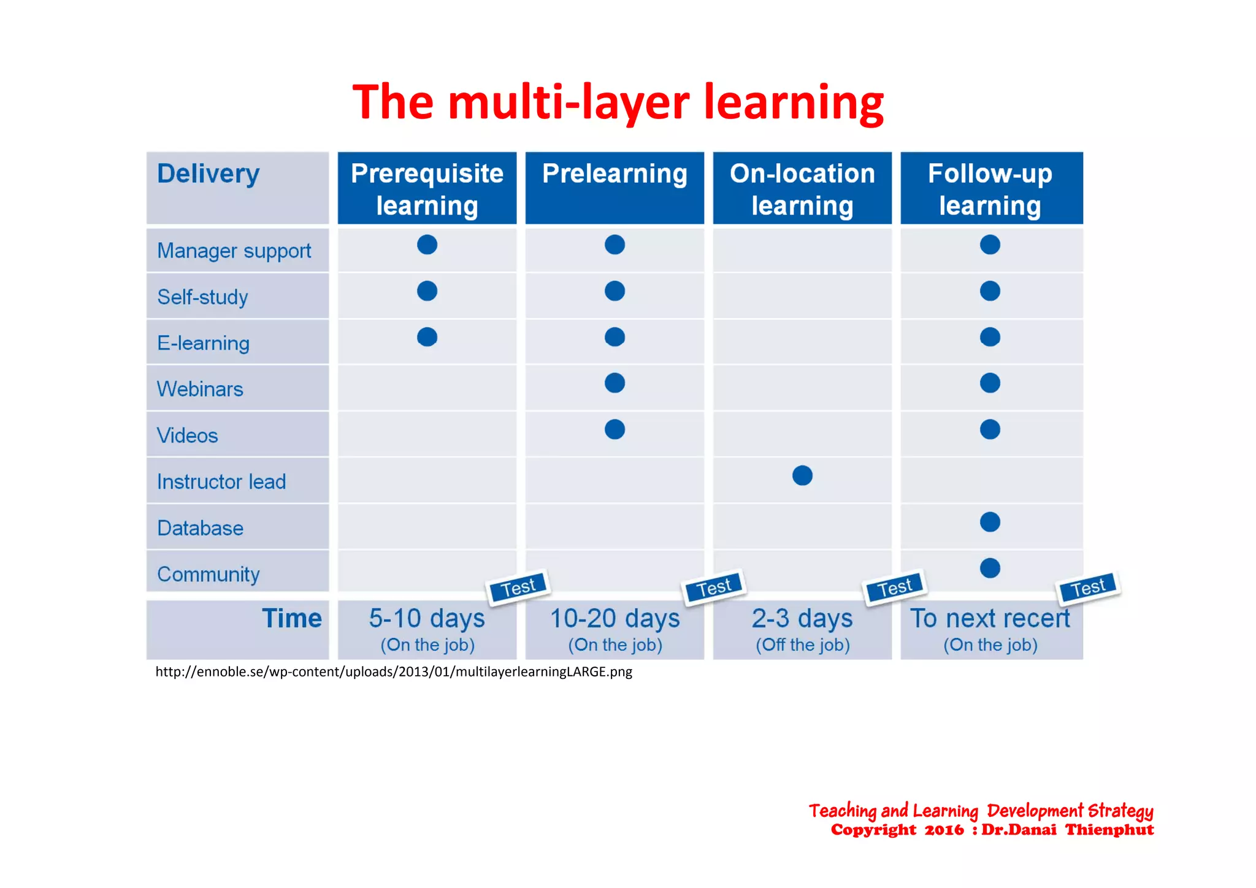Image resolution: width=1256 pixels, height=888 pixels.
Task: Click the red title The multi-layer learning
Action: (x=618, y=102)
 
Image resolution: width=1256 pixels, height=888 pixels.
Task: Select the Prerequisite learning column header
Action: (x=427, y=189)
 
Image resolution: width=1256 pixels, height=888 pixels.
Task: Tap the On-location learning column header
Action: (x=802, y=189)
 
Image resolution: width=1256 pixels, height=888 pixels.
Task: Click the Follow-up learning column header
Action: (x=990, y=189)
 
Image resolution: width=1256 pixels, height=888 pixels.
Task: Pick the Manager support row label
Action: (x=234, y=251)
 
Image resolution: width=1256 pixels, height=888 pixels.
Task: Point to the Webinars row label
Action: (x=200, y=389)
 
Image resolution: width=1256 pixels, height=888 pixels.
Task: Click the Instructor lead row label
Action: (x=221, y=482)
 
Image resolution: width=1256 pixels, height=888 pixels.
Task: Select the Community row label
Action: (x=209, y=575)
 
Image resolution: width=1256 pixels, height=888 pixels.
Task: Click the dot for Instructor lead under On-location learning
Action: (x=802, y=475)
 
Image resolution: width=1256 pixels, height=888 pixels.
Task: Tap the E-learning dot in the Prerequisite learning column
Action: (x=427, y=337)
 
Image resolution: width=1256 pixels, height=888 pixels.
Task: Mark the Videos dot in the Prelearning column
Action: (x=615, y=429)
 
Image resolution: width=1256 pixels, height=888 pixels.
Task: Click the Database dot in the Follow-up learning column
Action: (x=990, y=522)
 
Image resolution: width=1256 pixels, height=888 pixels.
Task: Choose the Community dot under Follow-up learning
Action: (x=990, y=568)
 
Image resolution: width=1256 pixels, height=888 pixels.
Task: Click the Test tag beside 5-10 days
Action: (x=518, y=588)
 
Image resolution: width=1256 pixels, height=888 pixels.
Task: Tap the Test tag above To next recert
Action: (x=1088, y=588)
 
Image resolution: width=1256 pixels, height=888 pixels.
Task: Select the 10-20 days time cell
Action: (x=615, y=629)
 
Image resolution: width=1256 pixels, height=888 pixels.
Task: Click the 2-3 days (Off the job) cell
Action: (x=802, y=629)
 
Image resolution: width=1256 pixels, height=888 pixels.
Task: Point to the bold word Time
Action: (x=292, y=618)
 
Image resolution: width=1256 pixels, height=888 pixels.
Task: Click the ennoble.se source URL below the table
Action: (x=394, y=672)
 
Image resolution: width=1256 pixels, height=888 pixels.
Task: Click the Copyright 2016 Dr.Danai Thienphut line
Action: (x=992, y=830)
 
